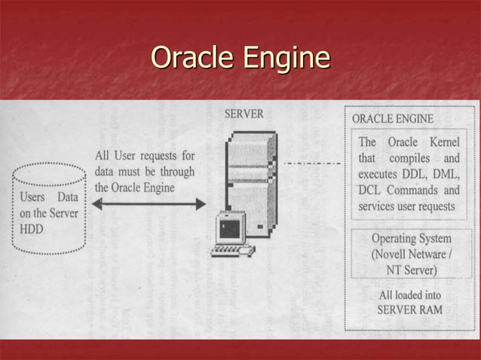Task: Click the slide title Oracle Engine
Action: coord(240,58)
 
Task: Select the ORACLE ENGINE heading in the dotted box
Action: coord(392,118)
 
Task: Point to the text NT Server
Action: coord(412,269)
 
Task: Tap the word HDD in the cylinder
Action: coord(29,227)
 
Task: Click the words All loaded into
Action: coord(411,295)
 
